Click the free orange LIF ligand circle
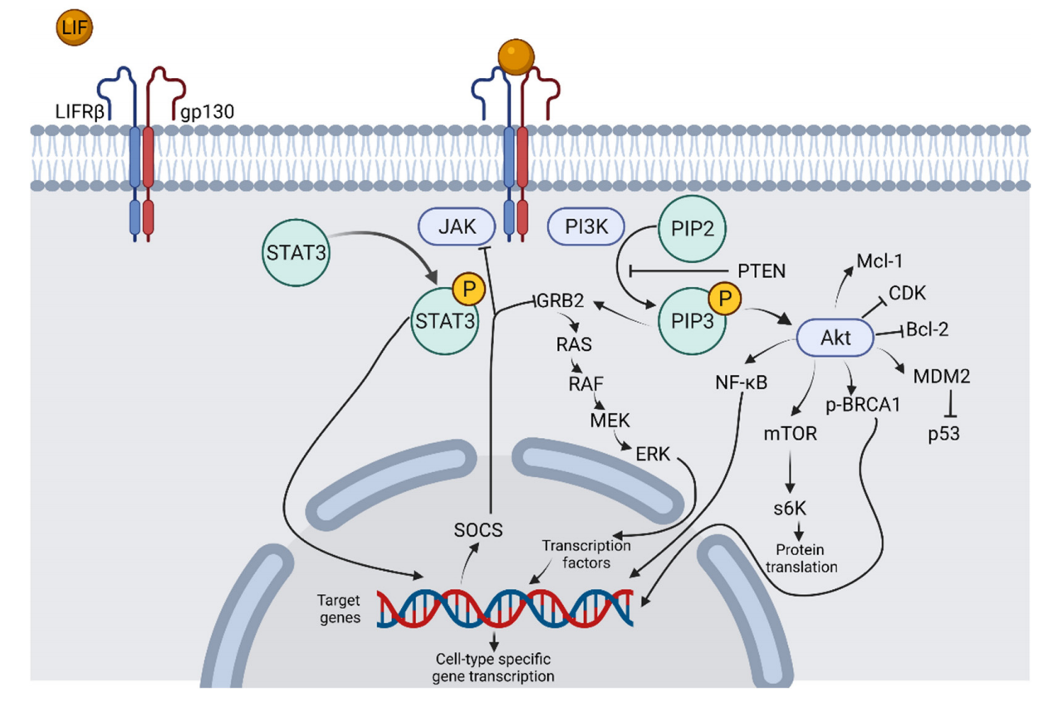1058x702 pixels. (74, 29)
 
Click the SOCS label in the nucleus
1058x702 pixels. (478, 529)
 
